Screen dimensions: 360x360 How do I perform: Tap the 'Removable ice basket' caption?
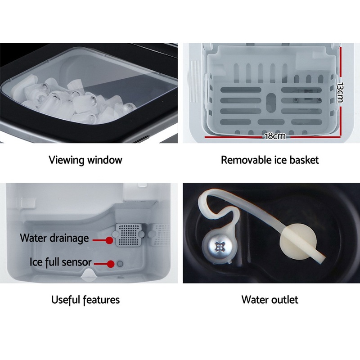[270, 160]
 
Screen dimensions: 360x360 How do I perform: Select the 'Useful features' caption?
[85, 299]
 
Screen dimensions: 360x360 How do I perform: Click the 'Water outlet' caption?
[270, 299]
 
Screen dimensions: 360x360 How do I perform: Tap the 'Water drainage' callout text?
[54, 238]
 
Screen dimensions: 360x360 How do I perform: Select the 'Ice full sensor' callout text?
[61, 262]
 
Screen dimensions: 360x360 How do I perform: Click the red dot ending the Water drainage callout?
[108, 241]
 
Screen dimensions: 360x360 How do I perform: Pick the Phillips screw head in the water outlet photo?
[220, 246]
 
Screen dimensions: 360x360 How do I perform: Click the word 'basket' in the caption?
[303, 160]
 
